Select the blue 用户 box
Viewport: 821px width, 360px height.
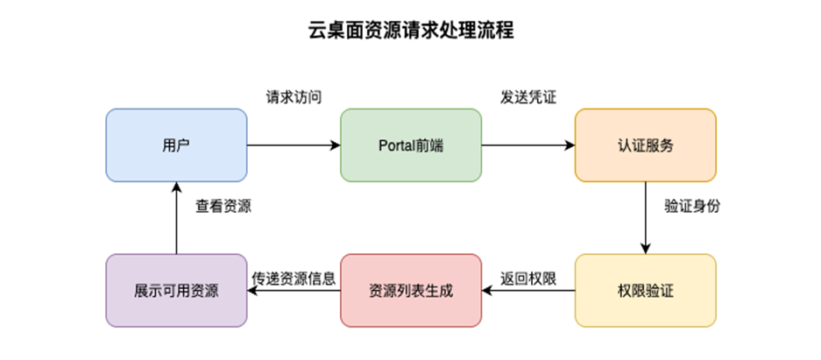[176, 145]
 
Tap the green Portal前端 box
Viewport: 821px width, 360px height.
[410, 145]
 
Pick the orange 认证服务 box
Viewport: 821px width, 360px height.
[645, 145]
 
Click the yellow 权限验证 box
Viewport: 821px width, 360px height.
[645, 290]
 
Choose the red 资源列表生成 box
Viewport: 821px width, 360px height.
[410, 290]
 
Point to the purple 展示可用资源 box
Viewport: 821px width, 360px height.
[176, 290]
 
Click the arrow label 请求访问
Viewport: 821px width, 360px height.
[294, 97]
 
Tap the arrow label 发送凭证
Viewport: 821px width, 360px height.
[528, 97]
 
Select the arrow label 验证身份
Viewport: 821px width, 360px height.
[692, 207]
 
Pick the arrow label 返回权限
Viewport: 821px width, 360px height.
[528, 279]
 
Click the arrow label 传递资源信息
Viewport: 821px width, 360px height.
[294, 279]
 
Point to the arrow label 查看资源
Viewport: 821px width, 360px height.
[223, 207]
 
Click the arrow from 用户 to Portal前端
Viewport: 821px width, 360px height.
[294, 145]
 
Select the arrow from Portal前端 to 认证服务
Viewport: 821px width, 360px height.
[528, 145]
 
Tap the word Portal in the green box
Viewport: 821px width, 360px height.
[397, 145]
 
